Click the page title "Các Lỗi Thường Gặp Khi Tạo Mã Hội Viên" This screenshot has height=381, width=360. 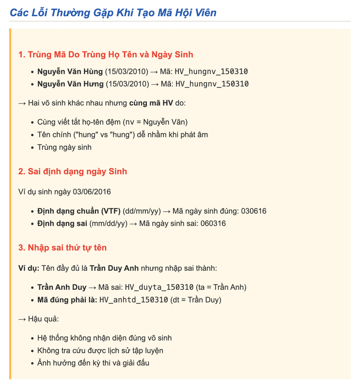(x=113, y=13)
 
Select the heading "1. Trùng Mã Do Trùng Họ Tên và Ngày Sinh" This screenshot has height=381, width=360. (x=106, y=55)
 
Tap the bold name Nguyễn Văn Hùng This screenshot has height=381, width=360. (x=70, y=71)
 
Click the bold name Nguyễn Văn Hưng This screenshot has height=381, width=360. (x=70, y=84)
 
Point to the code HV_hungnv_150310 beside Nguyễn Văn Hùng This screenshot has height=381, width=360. (x=211, y=71)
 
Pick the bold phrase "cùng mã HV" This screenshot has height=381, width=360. (x=151, y=103)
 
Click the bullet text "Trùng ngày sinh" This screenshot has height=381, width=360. (x=64, y=147)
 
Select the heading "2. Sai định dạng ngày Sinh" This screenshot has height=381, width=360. (x=73, y=171)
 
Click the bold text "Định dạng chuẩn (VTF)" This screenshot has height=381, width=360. (x=79, y=211)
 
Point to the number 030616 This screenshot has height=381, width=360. (x=254, y=211)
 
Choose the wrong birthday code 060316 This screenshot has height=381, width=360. (x=213, y=223)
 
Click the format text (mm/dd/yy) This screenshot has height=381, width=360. (x=108, y=223)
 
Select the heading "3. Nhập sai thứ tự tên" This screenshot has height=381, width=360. (x=63, y=248)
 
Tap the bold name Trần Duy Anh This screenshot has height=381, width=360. (x=114, y=268)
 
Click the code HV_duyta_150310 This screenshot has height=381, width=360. (x=159, y=287)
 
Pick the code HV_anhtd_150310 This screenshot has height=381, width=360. (x=134, y=300)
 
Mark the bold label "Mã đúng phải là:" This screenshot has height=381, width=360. (x=67, y=300)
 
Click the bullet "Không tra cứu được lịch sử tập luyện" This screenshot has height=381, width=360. (x=100, y=350)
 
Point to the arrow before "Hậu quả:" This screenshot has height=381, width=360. (x=22, y=319)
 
